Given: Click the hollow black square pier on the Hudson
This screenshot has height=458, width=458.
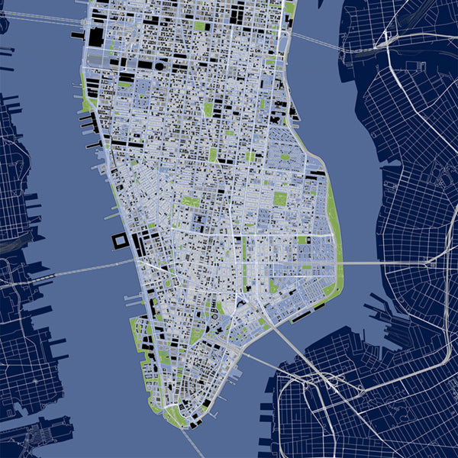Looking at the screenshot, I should pyautogui.click(x=121, y=242).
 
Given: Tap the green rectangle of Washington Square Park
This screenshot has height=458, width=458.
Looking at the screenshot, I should pyautogui.click(x=190, y=202).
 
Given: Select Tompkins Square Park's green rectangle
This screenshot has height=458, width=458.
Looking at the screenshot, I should pyautogui.click(x=280, y=199).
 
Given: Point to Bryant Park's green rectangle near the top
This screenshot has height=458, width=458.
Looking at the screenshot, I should pyautogui.click(x=200, y=26).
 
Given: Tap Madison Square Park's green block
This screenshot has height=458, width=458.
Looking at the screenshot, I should pyautogui.click(x=208, y=109).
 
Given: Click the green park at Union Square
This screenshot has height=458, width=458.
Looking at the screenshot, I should pyautogui.click(x=213, y=154).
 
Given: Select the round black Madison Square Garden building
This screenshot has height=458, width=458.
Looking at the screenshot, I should pyautogui.click(x=159, y=66).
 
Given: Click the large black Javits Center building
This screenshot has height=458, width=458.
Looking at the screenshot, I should pyautogui.click(x=97, y=37).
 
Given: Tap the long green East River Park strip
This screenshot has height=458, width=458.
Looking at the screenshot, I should pyautogui.click(x=334, y=221).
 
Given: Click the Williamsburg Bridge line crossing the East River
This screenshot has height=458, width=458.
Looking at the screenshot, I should pyautogui.click(x=382, y=263).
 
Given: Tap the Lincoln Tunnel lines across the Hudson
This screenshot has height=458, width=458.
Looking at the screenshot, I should pyautogui.click(x=38, y=19).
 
